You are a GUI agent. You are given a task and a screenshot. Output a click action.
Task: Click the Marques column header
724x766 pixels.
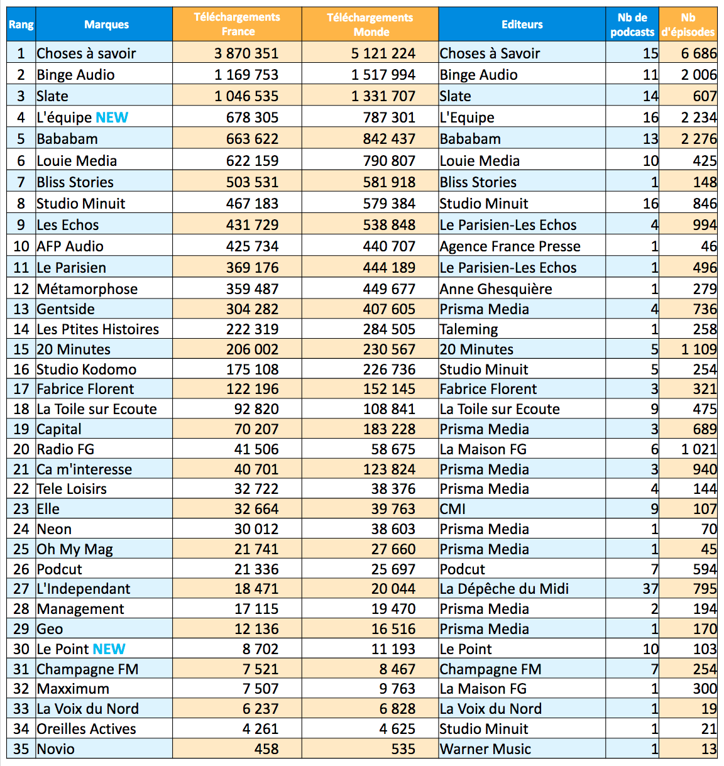coord(106,25)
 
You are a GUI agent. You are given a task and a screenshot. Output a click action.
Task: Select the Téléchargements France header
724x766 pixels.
coord(237,25)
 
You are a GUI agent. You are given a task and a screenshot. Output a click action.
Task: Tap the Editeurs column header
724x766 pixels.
coord(522,25)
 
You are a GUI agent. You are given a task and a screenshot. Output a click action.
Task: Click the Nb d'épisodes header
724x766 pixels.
coord(688,25)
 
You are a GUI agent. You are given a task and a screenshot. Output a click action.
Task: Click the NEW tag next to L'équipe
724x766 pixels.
coord(112,118)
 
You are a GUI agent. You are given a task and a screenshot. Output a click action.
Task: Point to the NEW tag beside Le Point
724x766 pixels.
coord(109,649)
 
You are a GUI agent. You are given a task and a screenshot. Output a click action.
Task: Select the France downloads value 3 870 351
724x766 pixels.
coord(246,53)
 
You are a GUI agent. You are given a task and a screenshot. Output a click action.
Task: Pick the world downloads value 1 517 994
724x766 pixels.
coord(383,75)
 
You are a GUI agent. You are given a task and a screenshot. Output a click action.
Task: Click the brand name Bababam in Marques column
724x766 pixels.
coord(67,139)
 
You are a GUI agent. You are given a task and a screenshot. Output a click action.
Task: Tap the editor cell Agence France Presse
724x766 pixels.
coord(510,246)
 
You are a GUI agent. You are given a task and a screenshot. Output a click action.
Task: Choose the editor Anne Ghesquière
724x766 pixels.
coord(496,289)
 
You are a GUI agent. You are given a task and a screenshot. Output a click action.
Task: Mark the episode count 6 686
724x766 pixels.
coord(698,53)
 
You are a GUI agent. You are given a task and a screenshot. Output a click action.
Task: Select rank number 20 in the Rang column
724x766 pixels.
coord(21,449)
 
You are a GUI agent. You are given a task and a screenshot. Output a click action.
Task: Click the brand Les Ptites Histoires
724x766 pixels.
coord(98,329)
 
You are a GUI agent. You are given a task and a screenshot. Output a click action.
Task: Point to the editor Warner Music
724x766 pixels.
coord(485,749)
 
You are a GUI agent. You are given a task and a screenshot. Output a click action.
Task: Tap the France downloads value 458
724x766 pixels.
coord(266,749)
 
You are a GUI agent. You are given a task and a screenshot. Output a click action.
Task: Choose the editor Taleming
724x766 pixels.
coord(469,329)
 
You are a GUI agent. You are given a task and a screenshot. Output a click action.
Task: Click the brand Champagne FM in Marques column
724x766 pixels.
coord(87,669)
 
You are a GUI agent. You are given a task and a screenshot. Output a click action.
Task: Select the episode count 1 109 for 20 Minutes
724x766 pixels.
coord(698,349)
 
